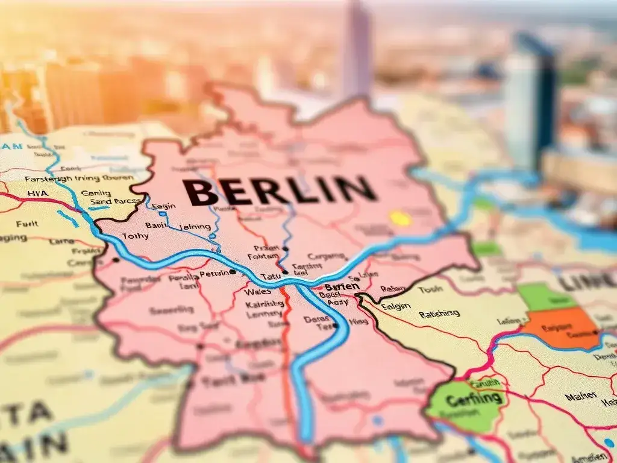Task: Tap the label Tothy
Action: click(135, 236)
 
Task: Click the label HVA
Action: click(39, 194)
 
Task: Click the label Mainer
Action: click(581, 395)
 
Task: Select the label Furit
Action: click(27, 224)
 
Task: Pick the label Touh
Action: click(430, 289)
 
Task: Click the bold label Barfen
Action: click(342, 287)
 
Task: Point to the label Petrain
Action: click(215, 274)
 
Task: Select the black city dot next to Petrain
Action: click(233, 272)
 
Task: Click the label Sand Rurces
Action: click(114, 201)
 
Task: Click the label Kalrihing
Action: click(265, 303)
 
